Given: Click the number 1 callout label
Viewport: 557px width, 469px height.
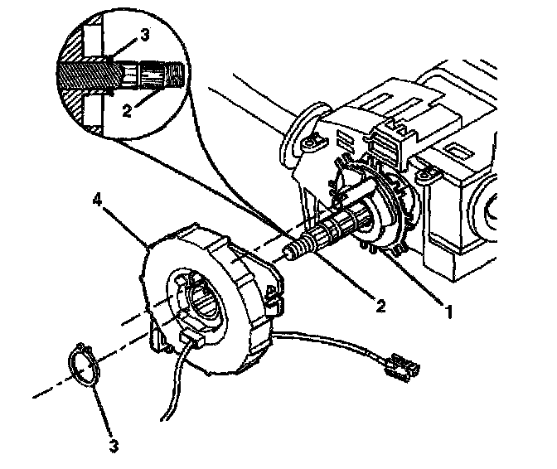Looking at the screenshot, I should (x=449, y=312).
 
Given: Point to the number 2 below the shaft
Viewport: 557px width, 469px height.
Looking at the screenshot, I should (x=379, y=306).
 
